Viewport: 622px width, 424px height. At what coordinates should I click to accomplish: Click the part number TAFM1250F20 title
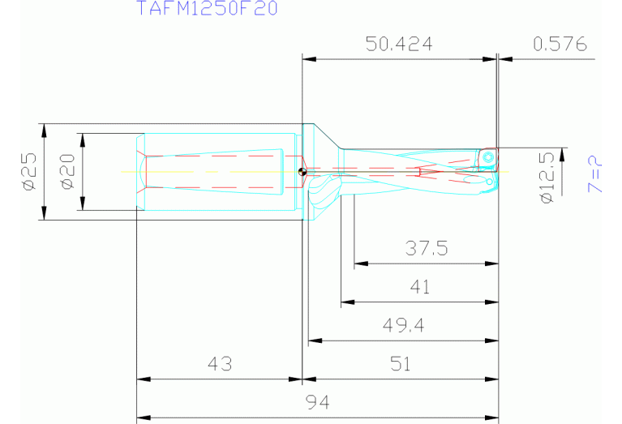click(206, 9)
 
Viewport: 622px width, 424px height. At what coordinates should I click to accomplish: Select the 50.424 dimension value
click(398, 45)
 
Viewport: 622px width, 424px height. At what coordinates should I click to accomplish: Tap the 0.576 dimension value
click(560, 45)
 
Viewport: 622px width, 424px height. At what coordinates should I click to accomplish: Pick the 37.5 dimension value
click(426, 249)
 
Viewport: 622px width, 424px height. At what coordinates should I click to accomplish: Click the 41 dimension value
click(420, 287)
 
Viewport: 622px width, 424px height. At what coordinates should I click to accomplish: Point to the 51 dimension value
click(400, 365)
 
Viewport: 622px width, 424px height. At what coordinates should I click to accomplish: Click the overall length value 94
click(317, 403)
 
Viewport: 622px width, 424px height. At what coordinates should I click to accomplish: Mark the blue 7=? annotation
click(596, 173)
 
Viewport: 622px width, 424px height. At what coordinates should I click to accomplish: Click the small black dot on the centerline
click(301, 171)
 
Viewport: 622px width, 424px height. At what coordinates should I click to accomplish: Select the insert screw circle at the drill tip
click(489, 158)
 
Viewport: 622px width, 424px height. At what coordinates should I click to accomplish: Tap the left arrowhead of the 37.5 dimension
click(358, 263)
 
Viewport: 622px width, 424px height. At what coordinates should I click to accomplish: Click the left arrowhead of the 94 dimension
click(141, 418)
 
